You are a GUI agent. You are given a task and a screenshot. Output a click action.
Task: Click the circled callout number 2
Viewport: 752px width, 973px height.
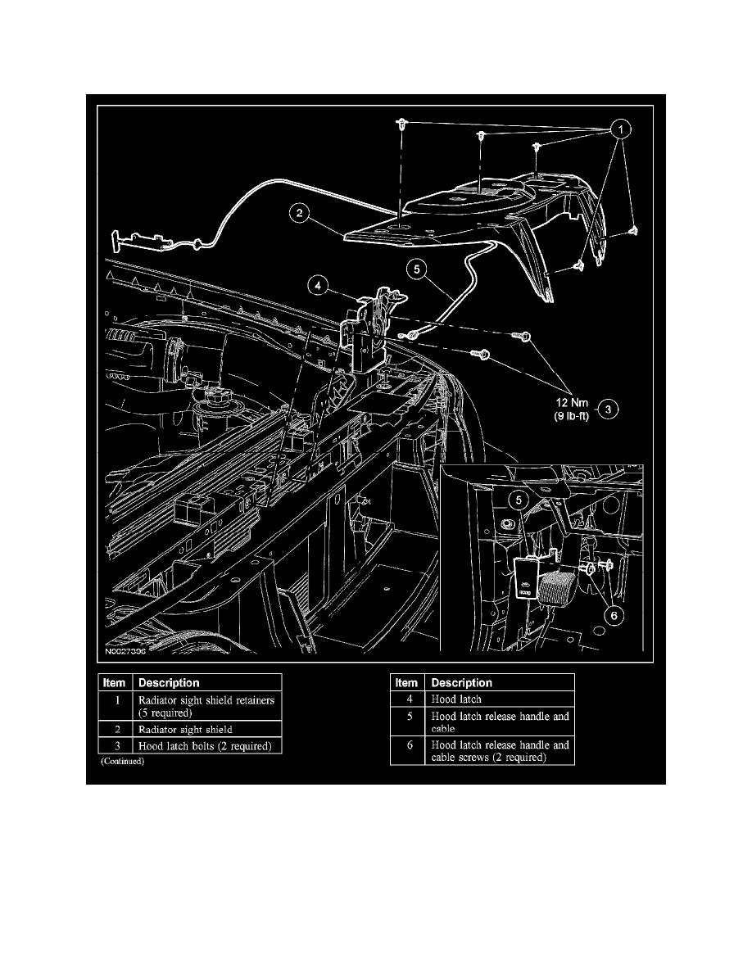(x=301, y=214)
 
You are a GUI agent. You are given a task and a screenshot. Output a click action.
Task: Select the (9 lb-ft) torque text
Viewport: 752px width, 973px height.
(x=568, y=415)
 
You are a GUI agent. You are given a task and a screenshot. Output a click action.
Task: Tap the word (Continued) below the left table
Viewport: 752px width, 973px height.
(x=122, y=761)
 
